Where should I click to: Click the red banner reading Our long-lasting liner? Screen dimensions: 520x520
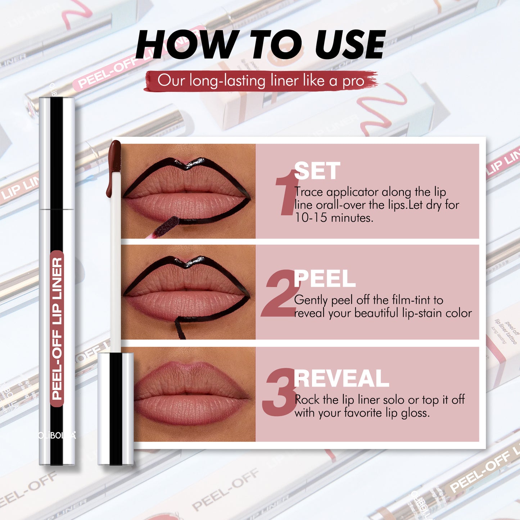point(261,81)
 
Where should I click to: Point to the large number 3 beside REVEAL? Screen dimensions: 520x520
point(279,392)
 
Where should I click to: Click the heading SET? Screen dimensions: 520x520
point(317,171)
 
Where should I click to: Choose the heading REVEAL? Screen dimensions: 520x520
point(341,379)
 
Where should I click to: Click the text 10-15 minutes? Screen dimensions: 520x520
point(334,218)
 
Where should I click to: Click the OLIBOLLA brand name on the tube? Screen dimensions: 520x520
point(57,435)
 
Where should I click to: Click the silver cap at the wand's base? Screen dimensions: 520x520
point(116,408)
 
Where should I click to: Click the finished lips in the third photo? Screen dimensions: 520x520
point(191,394)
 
